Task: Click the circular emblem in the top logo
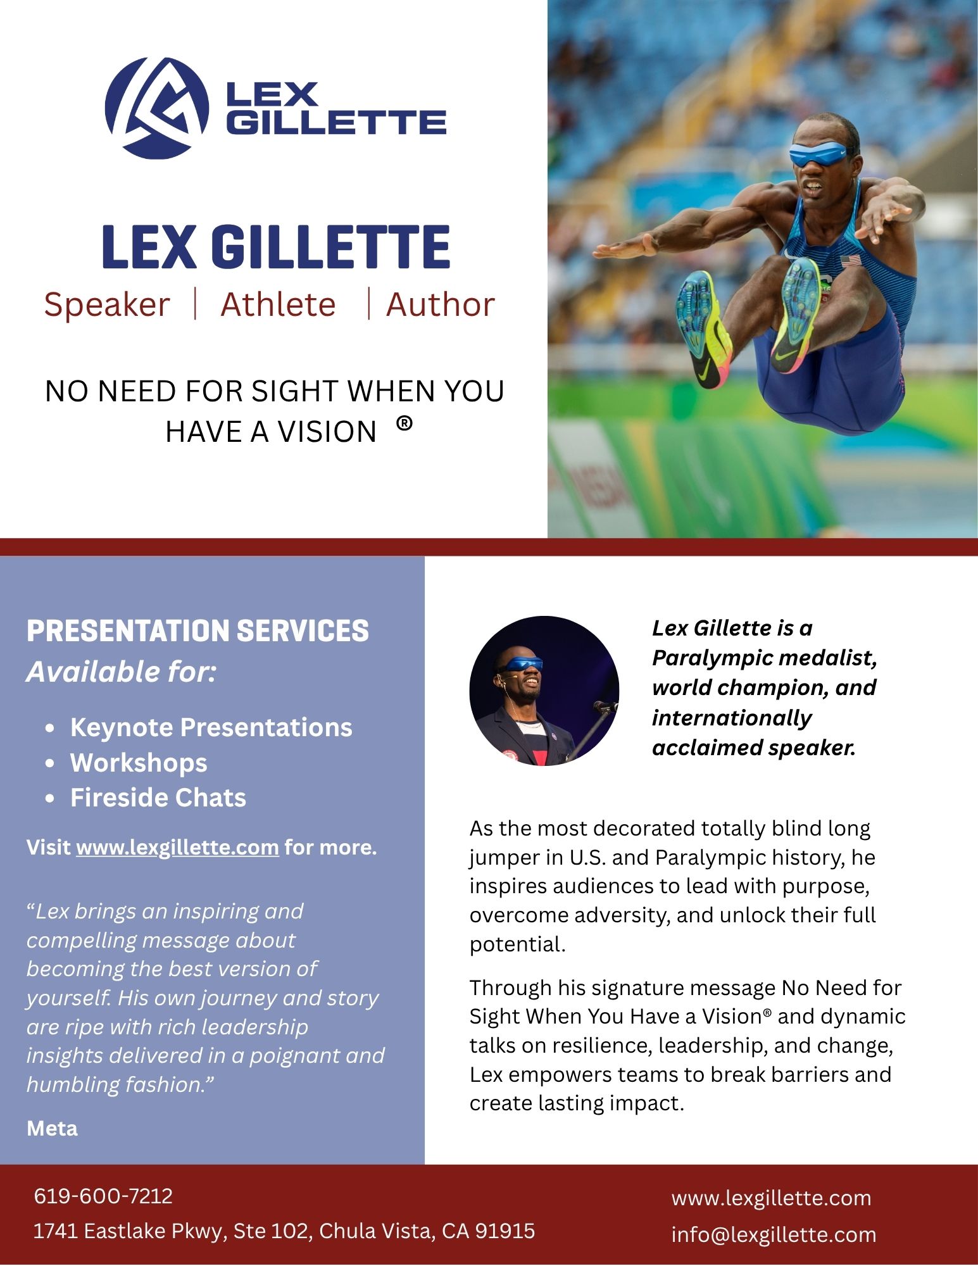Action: [x=156, y=108]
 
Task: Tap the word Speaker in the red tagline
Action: [x=107, y=305]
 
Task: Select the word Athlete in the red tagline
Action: [x=278, y=305]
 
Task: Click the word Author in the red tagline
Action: [x=440, y=305]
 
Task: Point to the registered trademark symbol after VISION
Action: [x=404, y=423]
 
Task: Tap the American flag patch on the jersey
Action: [x=850, y=261]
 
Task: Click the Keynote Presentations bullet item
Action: [x=211, y=728]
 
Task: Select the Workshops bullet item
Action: [x=139, y=763]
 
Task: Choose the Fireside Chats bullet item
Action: [x=158, y=798]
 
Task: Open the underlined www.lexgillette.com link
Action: [x=177, y=848]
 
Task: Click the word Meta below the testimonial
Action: [x=52, y=1129]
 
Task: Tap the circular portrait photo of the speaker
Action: [x=544, y=691]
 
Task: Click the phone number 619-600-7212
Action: [x=103, y=1196]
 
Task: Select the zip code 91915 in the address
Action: [x=505, y=1231]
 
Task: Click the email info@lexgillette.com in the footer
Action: [x=774, y=1234]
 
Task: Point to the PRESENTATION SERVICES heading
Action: [x=197, y=631]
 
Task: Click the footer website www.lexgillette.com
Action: [x=771, y=1198]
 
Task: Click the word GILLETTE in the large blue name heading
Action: [x=330, y=247]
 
